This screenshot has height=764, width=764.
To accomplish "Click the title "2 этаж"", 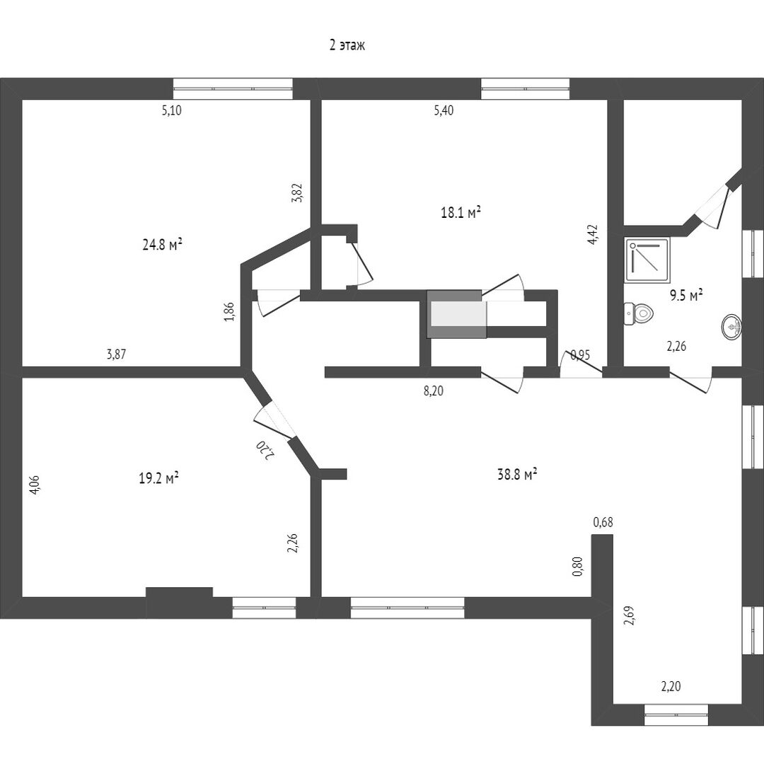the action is [347, 46].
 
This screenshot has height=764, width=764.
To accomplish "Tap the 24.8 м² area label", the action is [163, 245].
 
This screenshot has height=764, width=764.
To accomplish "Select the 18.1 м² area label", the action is [461, 212].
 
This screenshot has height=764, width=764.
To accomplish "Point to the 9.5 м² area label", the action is [686, 295].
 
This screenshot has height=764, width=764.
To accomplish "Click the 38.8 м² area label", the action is [517, 475].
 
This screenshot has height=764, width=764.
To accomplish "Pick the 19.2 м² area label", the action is [158, 478].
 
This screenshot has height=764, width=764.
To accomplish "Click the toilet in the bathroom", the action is [638, 313].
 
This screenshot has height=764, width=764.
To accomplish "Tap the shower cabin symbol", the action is [647, 260].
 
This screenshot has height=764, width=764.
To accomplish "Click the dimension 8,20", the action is [434, 390].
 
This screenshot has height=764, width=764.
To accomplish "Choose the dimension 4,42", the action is [593, 234].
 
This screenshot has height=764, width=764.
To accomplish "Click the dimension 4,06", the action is [35, 486].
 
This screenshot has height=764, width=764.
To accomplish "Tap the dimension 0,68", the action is [603, 523].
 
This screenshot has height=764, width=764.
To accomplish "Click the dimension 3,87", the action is [116, 355].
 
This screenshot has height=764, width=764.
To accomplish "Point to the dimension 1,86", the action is [228, 312].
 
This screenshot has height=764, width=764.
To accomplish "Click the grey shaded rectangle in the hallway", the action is [456, 313].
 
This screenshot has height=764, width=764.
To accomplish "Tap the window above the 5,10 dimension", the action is [233, 88].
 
